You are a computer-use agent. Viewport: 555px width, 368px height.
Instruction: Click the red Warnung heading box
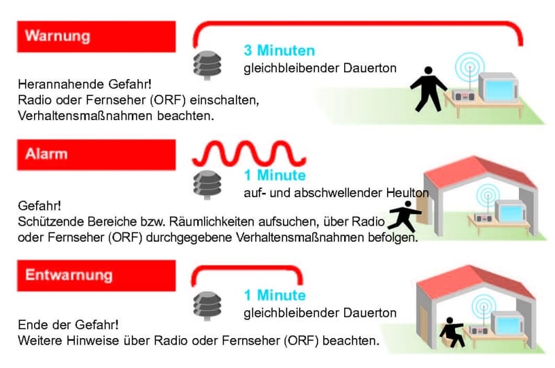(x=96, y=37)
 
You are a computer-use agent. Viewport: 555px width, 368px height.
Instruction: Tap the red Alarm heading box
(x=96, y=155)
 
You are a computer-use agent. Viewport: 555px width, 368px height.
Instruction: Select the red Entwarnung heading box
(x=96, y=276)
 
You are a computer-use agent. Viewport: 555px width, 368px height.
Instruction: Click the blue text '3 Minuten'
(x=280, y=50)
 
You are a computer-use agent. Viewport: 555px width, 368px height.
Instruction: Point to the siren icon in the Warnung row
(x=207, y=65)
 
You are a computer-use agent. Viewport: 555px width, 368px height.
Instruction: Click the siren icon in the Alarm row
(x=207, y=185)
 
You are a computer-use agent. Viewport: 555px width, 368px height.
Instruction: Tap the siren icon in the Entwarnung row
(x=207, y=306)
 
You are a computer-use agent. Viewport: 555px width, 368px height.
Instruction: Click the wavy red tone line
(x=249, y=153)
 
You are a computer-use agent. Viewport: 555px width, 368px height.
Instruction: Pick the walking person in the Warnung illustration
(x=428, y=90)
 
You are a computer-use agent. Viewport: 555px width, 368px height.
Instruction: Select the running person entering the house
(x=404, y=216)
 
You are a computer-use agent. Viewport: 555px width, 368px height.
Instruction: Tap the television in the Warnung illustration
(x=498, y=87)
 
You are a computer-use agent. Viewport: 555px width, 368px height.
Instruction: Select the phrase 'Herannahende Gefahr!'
(x=85, y=84)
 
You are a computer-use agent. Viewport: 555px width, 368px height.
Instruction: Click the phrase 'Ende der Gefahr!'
(x=68, y=325)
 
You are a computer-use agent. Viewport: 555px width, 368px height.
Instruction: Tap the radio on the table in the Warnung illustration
(x=463, y=95)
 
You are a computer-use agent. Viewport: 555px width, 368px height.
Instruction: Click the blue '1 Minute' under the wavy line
(x=275, y=176)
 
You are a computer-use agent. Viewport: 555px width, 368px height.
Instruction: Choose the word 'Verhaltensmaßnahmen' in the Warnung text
(x=85, y=116)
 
